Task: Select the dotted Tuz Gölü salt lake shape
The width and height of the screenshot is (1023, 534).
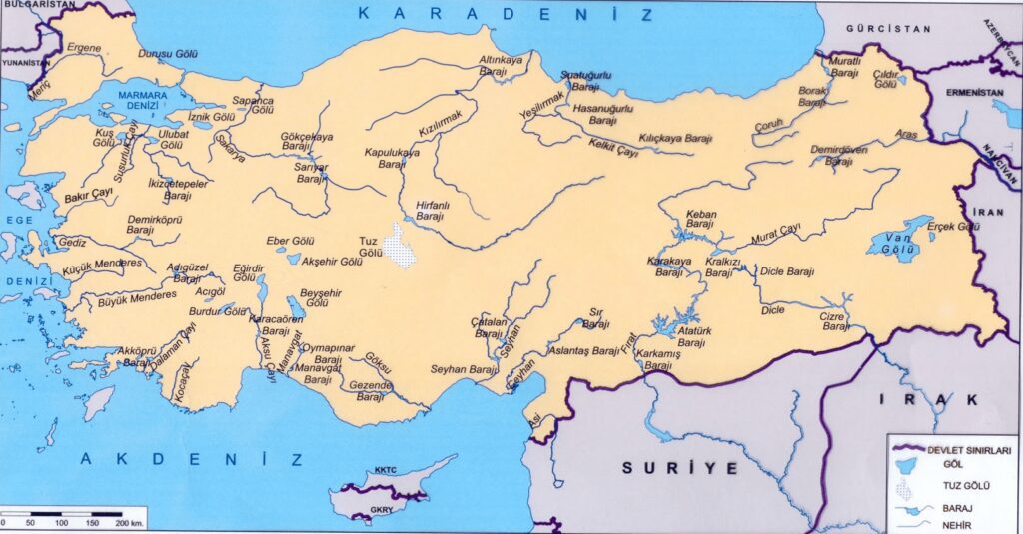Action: pos(403,247)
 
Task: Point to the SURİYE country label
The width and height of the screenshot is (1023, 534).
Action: pos(679,467)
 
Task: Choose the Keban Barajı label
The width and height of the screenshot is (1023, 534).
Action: pos(700,220)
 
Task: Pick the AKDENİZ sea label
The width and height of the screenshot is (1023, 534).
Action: pos(191,459)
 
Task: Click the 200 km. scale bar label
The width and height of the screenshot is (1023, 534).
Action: pos(130,523)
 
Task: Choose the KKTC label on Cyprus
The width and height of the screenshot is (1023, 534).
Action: pos(386,469)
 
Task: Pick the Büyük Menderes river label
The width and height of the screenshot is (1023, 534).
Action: pos(136,297)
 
